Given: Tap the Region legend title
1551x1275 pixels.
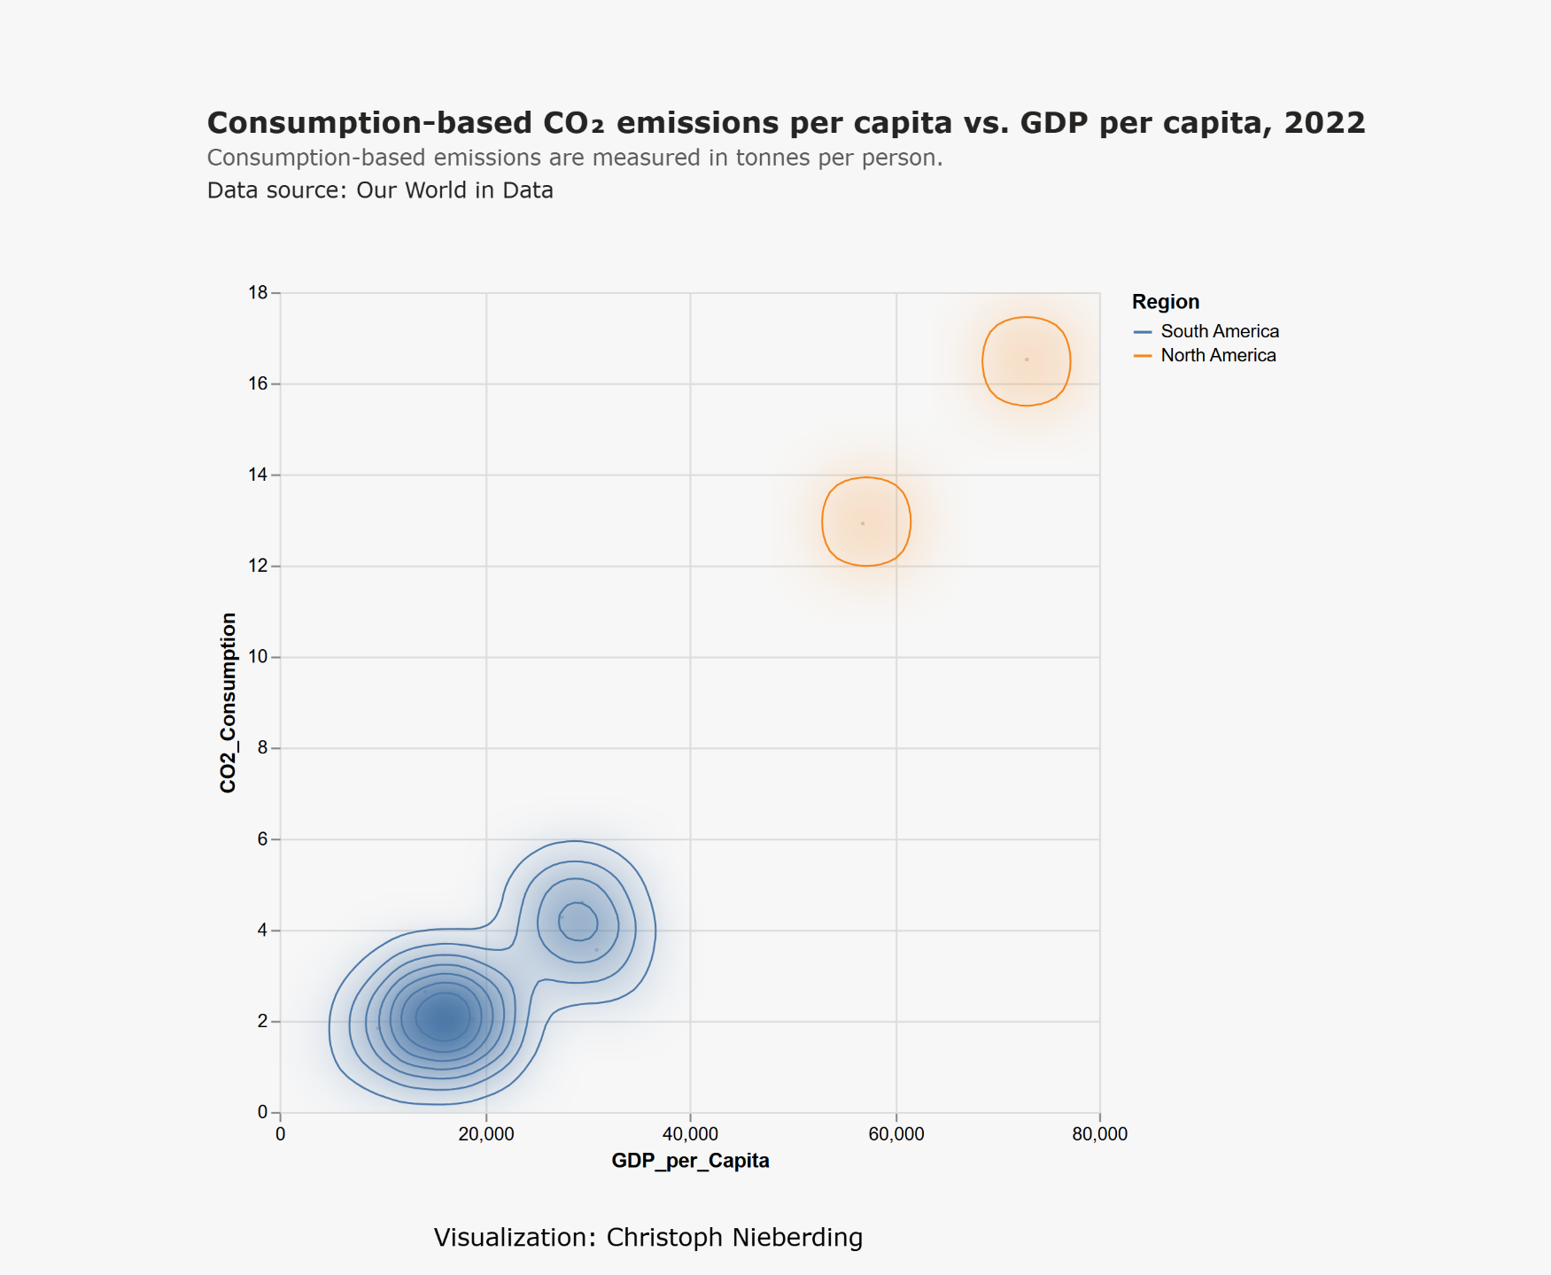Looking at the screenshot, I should (1166, 302).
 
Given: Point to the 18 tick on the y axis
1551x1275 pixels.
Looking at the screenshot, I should (259, 293).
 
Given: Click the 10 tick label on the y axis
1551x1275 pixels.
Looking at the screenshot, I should (259, 657).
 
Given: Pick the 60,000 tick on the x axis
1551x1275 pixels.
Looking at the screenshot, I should (896, 1134).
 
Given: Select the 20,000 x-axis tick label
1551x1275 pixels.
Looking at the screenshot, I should (485, 1134).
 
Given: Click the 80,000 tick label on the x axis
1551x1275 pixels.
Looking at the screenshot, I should (1099, 1134).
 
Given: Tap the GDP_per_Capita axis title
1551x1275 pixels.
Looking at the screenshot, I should (690, 1161).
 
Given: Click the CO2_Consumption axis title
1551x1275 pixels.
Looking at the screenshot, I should (229, 702).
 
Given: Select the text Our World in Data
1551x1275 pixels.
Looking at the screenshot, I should (454, 190).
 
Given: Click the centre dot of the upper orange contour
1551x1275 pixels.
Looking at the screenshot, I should (1027, 359).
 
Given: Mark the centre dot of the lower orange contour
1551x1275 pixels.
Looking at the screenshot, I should (863, 523).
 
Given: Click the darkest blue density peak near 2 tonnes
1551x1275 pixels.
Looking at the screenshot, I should (444, 1019).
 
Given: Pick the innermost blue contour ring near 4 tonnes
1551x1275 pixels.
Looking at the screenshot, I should (578, 921).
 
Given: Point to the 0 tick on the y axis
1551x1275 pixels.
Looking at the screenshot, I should (262, 1112).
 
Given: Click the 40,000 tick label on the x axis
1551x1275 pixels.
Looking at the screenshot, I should (690, 1134).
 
